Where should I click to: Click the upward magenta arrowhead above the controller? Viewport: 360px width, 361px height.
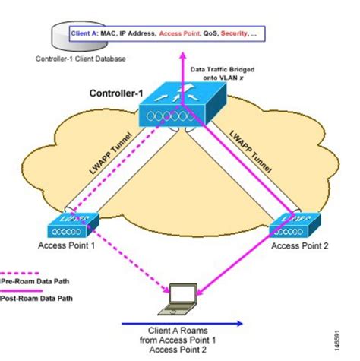tap(182, 55)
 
